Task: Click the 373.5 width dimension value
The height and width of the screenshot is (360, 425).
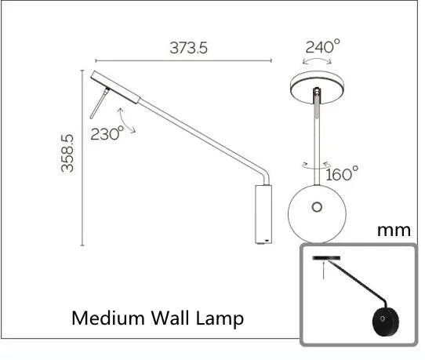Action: click(x=188, y=48)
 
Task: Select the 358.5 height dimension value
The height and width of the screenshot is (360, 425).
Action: click(x=68, y=155)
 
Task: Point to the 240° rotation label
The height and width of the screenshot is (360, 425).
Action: click(x=323, y=46)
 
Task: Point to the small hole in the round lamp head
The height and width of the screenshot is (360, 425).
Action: click(x=317, y=207)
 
